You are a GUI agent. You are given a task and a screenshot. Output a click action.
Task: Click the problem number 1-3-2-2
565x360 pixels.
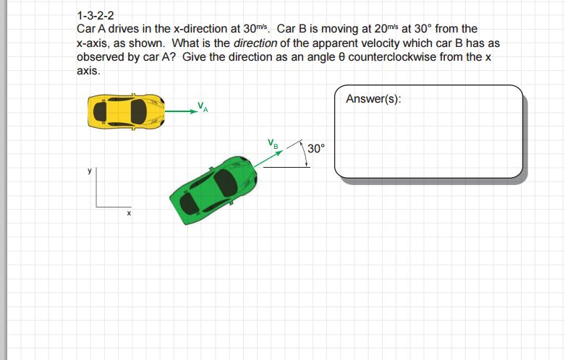95,16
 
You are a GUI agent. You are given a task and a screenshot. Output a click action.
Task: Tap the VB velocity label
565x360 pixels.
273,143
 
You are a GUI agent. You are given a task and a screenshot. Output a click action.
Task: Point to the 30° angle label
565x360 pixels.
316,148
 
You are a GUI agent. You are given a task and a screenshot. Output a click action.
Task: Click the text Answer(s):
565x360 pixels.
373,98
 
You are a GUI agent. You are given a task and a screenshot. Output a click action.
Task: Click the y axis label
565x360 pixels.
90,171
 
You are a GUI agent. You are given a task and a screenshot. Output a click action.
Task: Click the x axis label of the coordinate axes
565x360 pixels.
129,213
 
